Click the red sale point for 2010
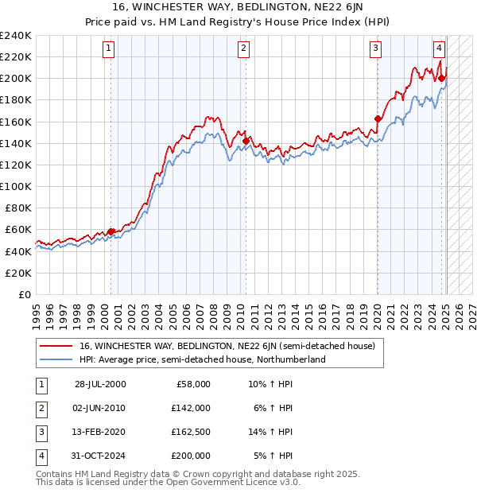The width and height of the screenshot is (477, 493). point(246,141)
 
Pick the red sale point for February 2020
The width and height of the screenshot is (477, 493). point(378,119)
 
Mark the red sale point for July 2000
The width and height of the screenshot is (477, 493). point(112,231)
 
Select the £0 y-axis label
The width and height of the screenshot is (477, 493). point(24,294)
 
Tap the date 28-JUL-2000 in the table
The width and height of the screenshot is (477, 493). point(100,384)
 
